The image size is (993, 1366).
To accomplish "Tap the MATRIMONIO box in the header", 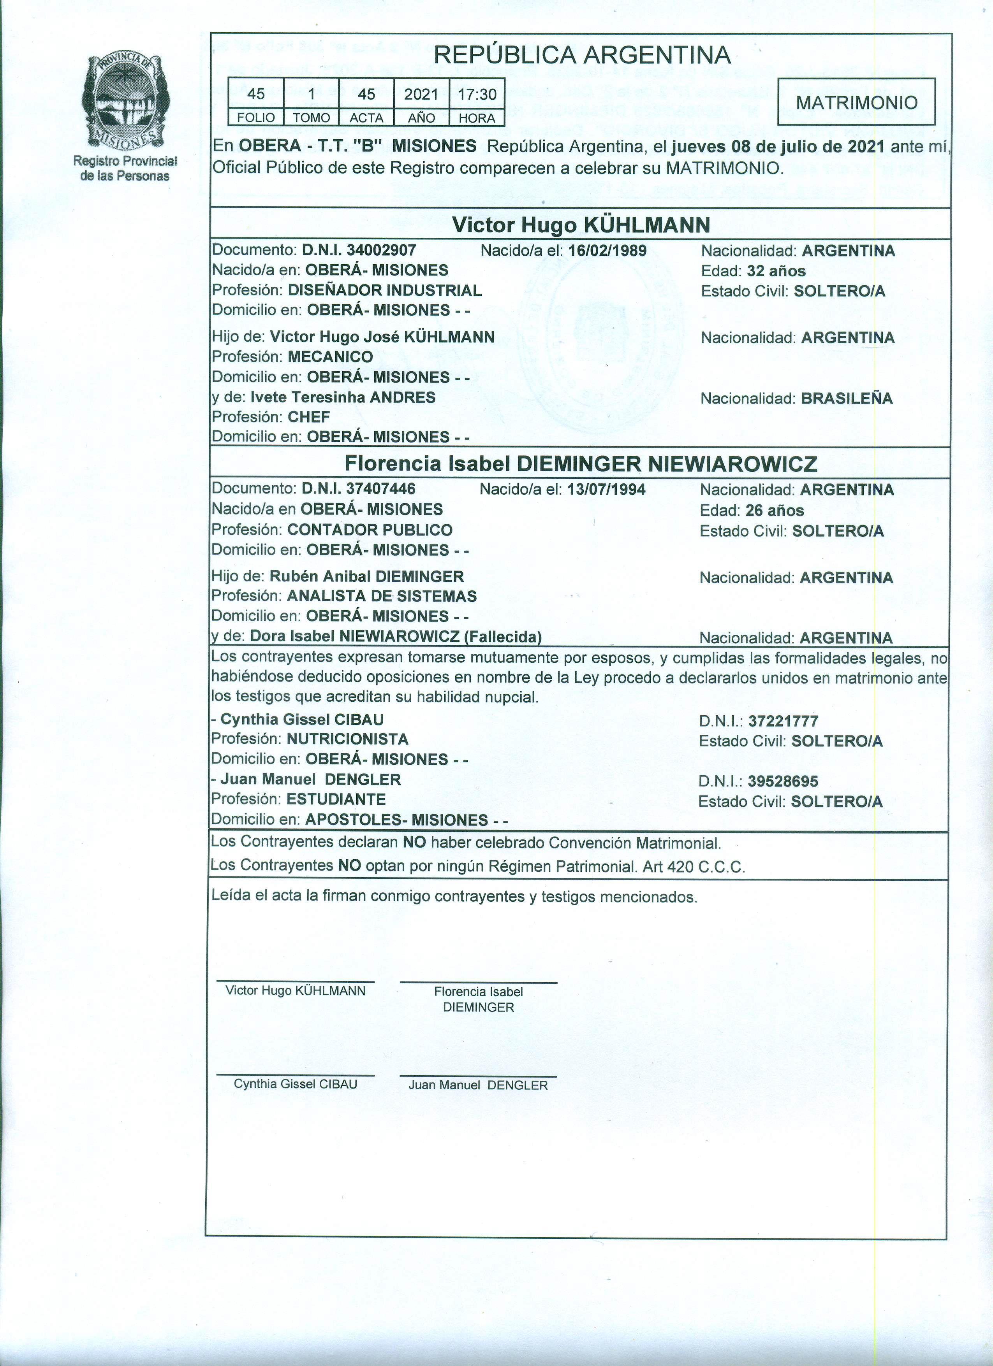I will pyautogui.click(x=856, y=102).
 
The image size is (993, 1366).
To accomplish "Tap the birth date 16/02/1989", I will pyautogui.click(x=607, y=251).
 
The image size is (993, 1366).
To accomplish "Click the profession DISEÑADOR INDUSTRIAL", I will pyautogui.click(x=384, y=290).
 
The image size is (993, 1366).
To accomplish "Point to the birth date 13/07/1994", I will pyautogui.click(x=606, y=490).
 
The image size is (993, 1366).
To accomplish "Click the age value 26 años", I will pyautogui.click(x=774, y=511).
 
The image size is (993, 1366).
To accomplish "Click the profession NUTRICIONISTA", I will pyautogui.click(x=347, y=739).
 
